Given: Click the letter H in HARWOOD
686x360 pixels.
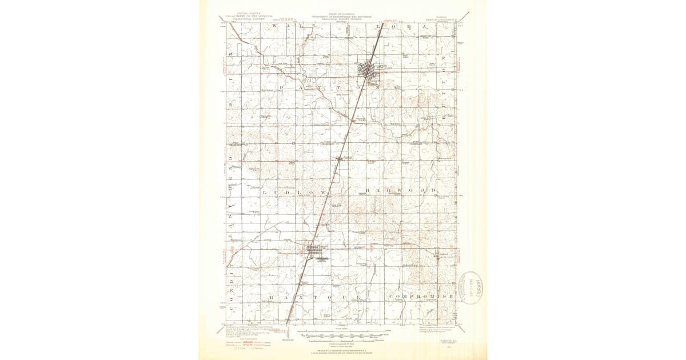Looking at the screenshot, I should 369,190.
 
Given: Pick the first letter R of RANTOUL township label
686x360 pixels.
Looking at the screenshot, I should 273,297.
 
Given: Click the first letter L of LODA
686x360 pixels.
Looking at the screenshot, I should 376,26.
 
